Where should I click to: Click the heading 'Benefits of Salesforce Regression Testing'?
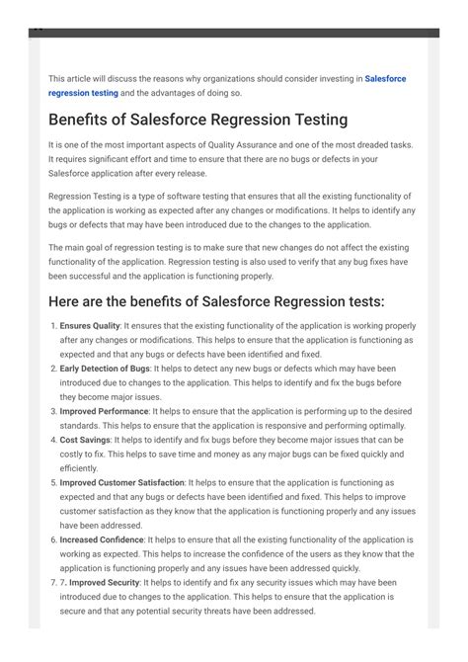point(197,120)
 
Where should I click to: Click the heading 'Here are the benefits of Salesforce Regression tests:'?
point(216,300)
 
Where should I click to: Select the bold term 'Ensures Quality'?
point(90,325)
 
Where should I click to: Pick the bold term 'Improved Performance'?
point(104,410)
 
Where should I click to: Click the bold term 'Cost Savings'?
point(85,440)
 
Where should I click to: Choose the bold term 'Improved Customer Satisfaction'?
point(121,483)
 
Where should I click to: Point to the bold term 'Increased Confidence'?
point(102,540)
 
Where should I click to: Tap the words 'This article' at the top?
point(71,78)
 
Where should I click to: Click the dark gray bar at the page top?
point(234,33)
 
